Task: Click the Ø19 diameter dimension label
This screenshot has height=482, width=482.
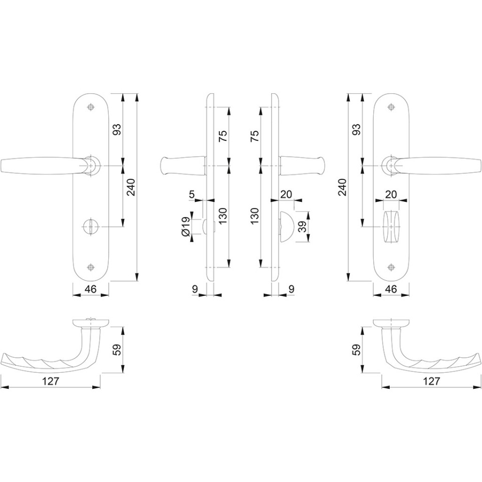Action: click(x=185, y=226)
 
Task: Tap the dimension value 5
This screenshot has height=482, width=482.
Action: click(x=192, y=194)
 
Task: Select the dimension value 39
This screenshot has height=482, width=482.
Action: click(x=303, y=227)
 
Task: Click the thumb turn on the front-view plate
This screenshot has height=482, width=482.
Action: click(x=391, y=227)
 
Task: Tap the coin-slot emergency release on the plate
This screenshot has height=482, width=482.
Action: click(x=90, y=227)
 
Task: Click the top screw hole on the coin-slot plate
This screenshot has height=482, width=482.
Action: click(x=90, y=107)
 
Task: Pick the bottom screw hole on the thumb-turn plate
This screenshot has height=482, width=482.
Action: click(x=391, y=267)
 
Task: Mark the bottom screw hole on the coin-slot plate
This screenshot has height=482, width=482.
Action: click(x=90, y=267)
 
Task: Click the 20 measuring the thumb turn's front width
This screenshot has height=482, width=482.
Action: click(x=391, y=194)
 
